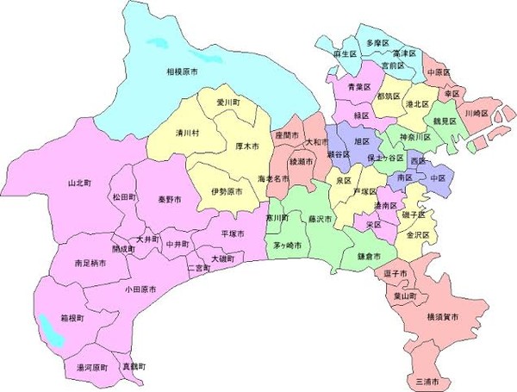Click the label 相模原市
tap(183, 72)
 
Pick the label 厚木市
tap(247, 146)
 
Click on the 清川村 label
tap(188, 134)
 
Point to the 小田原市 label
tap(140, 290)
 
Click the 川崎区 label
tap(477, 113)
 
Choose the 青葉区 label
tap(359, 87)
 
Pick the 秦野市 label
tap(170, 200)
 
